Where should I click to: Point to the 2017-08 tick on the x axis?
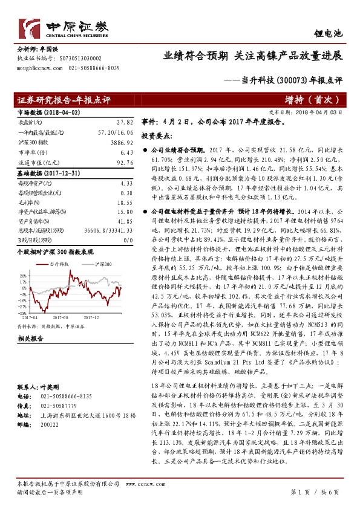pos(60,316)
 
